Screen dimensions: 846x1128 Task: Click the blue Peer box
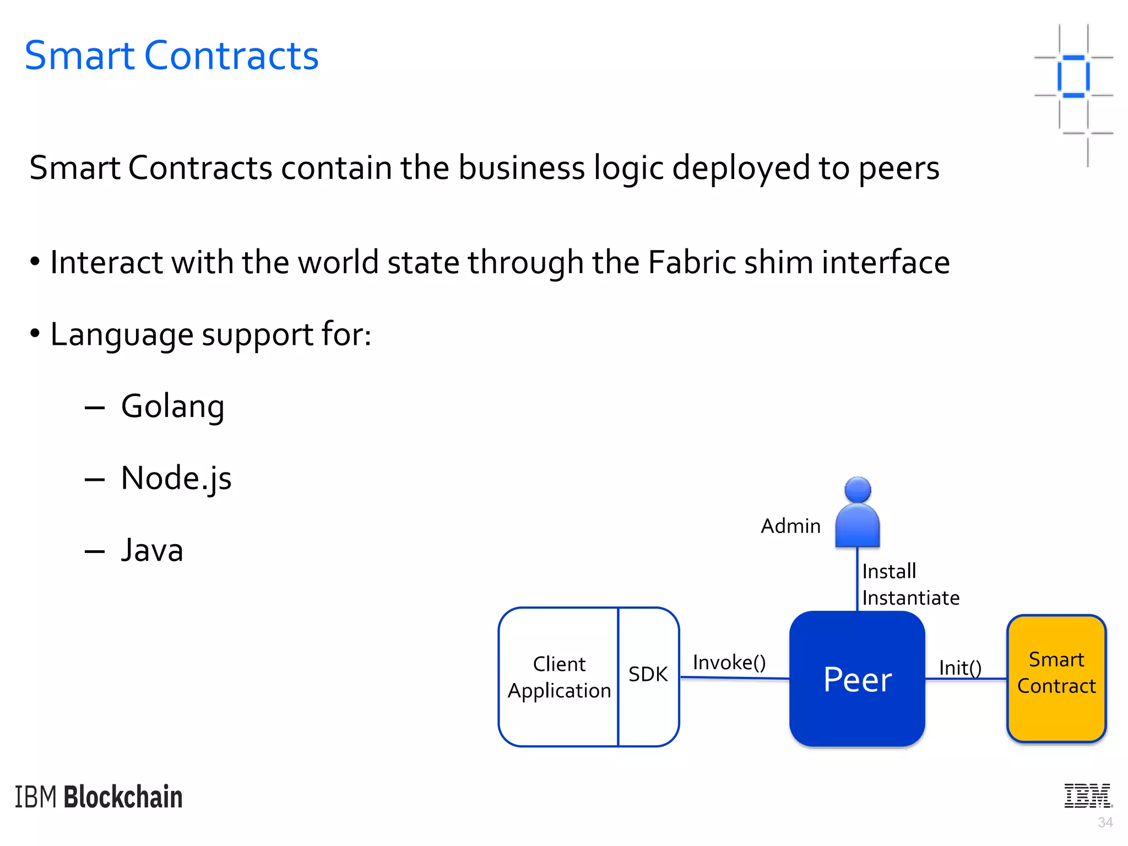857,679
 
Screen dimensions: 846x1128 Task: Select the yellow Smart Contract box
1056,679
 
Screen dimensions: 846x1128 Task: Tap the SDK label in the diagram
648,674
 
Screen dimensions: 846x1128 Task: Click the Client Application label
559,677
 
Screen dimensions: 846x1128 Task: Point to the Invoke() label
729,662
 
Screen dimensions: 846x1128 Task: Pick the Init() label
960,668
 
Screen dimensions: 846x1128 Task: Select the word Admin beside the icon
790,526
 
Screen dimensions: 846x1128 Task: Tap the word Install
889,571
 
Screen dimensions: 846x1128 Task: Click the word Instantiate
910,598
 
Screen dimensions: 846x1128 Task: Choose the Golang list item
172,406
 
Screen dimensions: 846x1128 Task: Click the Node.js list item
176,478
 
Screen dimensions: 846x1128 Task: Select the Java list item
152,550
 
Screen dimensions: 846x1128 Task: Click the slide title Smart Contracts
171,56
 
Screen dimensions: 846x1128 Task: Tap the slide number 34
1105,822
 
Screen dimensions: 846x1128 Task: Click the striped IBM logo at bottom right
1088,796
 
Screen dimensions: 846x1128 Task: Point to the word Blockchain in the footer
123,797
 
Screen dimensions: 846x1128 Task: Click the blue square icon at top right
1073,77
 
